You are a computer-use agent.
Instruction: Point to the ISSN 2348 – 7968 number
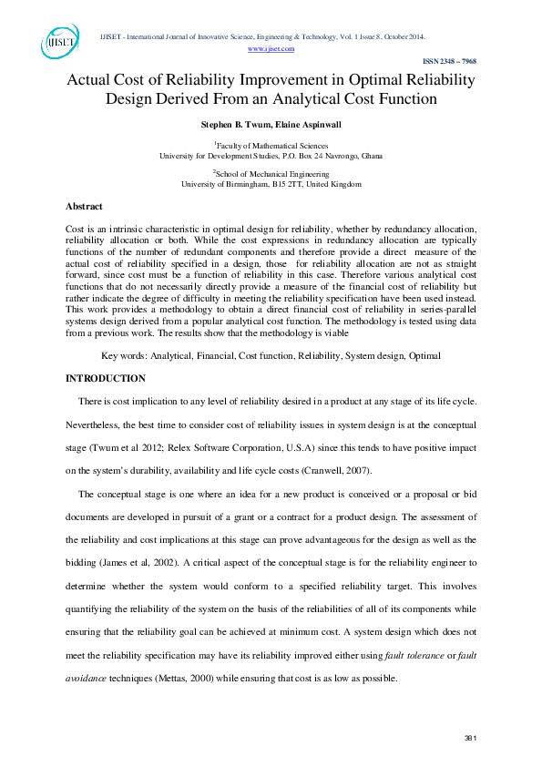(x=448, y=61)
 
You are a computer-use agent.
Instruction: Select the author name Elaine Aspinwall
(x=306, y=124)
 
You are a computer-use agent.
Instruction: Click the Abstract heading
(x=85, y=207)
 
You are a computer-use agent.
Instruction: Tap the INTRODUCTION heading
(x=106, y=377)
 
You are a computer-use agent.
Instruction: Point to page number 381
(x=471, y=737)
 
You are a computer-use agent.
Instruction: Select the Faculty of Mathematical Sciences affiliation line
(x=271, y=145)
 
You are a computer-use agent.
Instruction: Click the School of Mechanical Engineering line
(x=271, y=172)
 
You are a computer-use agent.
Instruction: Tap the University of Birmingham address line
(x=271, y=183)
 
